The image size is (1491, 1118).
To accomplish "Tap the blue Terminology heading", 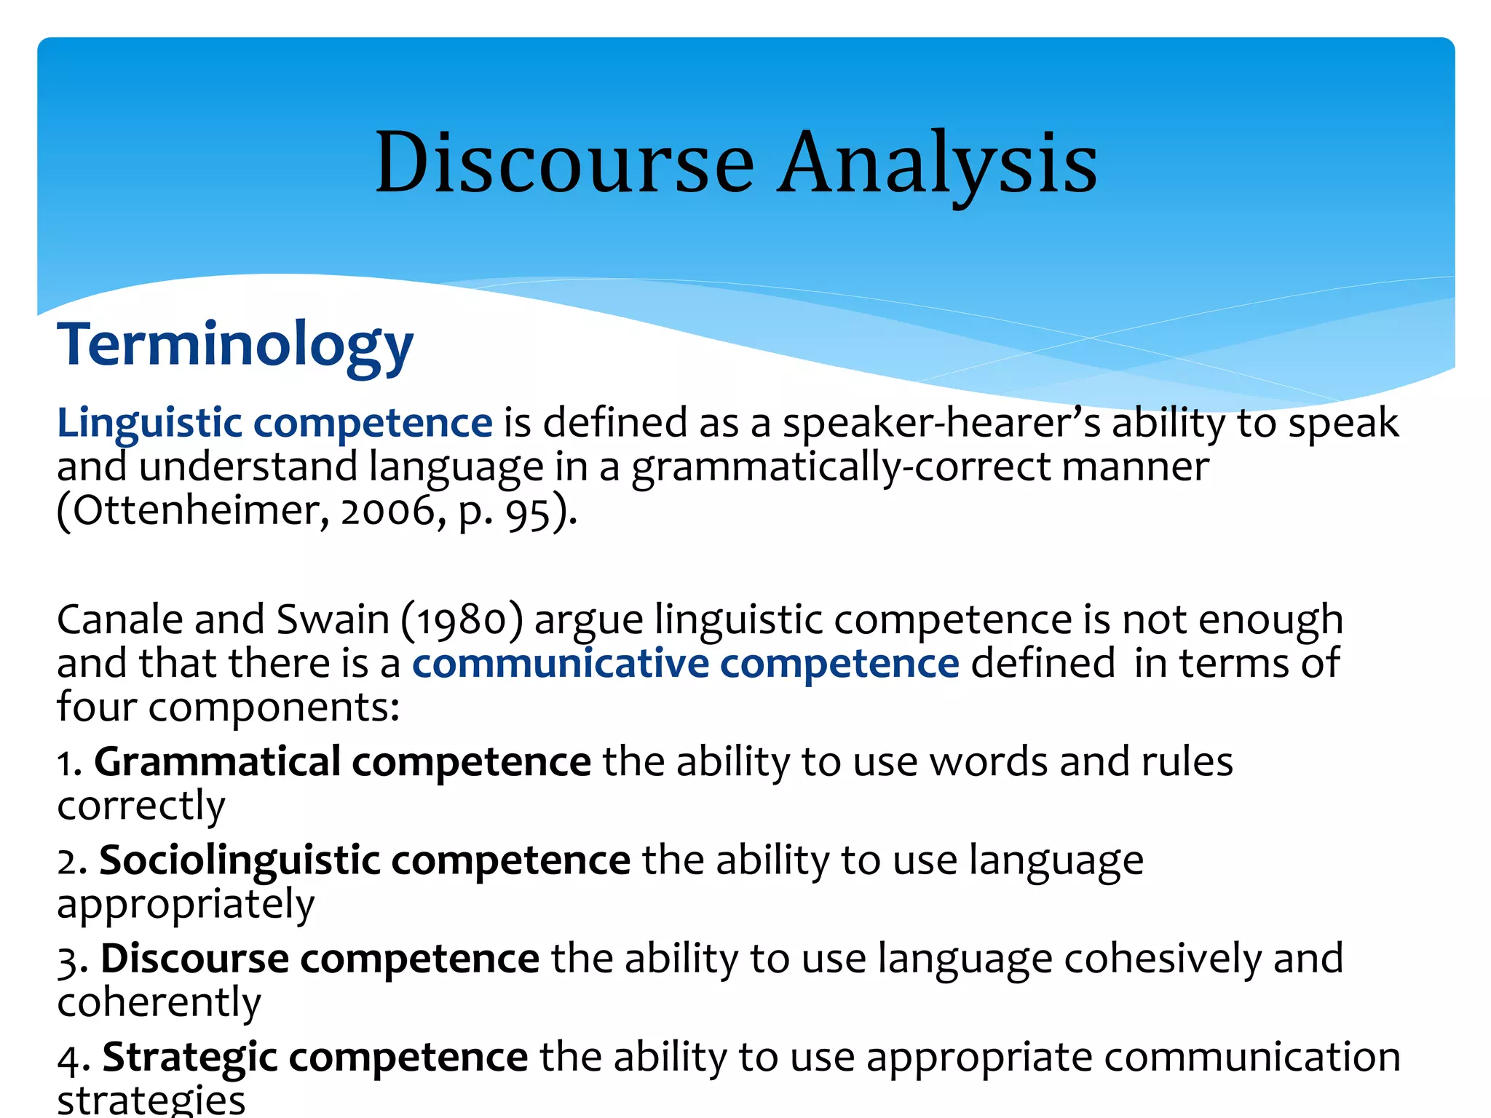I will pyautogui.click(x=235, y=344).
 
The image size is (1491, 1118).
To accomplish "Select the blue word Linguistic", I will pyautogui.click(x=149, y=424).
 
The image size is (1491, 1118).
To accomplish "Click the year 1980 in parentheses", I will pyautogui.click(x=462, y=621).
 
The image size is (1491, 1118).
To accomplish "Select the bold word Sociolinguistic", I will pyautogui.click(x=240, y=860).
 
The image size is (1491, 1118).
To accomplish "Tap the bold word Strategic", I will pyautogui.click(x=190, y=1058).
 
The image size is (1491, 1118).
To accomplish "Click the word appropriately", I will pyautogui.click(x=186, y=905).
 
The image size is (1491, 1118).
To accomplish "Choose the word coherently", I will pyautogui.click(x=159, y=1003).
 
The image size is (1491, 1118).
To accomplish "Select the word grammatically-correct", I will pyautogui.click(x=841, y=467).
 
